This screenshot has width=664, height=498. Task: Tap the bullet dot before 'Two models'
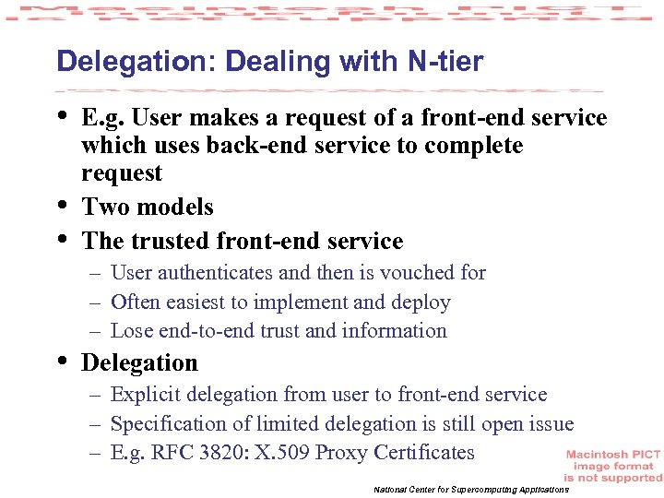(x=63, y=204)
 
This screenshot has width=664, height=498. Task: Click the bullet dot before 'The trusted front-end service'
(x=63, y=238)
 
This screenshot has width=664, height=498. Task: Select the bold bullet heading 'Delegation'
(x=139, y=362)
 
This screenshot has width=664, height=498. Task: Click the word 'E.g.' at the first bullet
(x=105, y=118)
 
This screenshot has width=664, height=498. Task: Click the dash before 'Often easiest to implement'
(x=96, y=302)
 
